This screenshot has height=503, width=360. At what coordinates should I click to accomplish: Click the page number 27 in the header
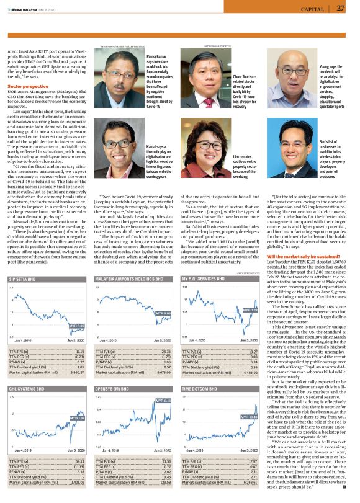pos(341,8)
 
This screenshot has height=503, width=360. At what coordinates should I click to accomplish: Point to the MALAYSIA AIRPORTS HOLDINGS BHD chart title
pos(128,280)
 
